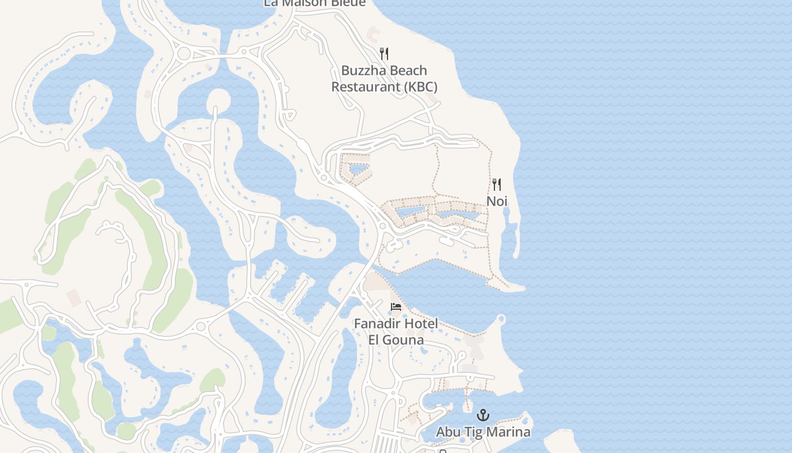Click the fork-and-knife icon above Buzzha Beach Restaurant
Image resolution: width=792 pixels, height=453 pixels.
tap(384, 54)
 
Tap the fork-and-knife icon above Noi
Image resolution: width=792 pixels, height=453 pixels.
tap(497, 185)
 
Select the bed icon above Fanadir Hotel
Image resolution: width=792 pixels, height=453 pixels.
tap(396, 307)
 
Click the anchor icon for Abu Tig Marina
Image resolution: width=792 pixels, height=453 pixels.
tap(483, 416)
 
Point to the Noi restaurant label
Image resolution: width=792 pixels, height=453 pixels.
tap(497, 201)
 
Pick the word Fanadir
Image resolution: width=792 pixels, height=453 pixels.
tap(375, 323)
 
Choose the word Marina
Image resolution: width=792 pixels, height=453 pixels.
tap(509, 432)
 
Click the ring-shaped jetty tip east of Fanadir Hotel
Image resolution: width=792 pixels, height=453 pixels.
tap(501, 320)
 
